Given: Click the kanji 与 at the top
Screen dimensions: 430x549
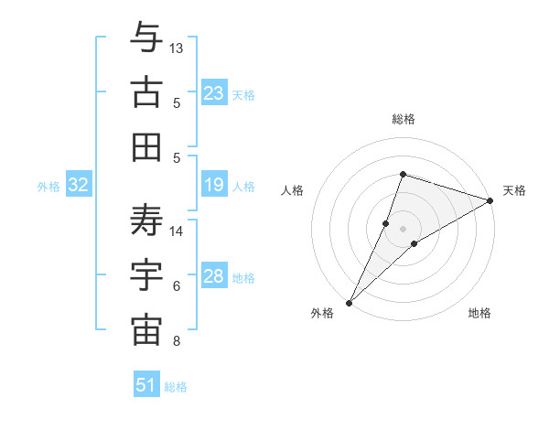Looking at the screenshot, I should pyautogui.click(x=146, y=39).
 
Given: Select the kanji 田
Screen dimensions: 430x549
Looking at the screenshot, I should pyautogui.click(x=146, y=146).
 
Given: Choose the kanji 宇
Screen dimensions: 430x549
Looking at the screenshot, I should pyautogui.click(x=146, y=275).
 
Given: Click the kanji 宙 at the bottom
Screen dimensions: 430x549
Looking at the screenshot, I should pyautogui.click(x=146, y=330).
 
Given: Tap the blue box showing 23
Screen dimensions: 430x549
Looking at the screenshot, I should pyautogui.click(x=214, y=93).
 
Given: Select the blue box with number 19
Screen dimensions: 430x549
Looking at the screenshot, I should pyautogui.click(x=214, y=186).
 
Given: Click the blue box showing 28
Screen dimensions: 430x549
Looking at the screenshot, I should pyautogui.click(x=214, y=276).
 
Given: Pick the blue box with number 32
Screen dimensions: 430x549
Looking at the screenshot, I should pyautogui.click(x=79, y=186).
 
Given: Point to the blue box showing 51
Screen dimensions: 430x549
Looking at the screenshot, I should pyautogui.click(x=146, y=385).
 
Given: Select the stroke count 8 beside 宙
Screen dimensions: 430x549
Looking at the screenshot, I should pyautogui.click(x=177, y=341).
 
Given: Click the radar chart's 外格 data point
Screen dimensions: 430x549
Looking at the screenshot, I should pyautogui.click(x=349, y=302).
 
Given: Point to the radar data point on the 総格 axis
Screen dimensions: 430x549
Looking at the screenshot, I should pyautogui.click(x=403, y=174).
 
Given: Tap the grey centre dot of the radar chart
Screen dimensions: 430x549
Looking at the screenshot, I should pyautogui.click(x=403, y=228).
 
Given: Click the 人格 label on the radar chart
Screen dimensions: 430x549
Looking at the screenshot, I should pyautogui.click(x=293, y=190).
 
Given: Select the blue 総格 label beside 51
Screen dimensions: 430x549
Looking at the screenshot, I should pyautogui.click(x=176, y=387).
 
